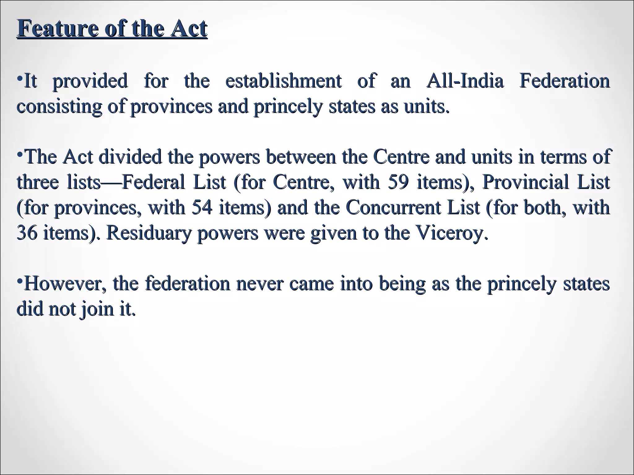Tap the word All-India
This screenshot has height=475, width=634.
tap(465, 81)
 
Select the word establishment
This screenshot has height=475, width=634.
tap(284, 81)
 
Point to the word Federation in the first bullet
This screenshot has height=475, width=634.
tap(564, 81)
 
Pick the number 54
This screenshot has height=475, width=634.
tap(202, 207)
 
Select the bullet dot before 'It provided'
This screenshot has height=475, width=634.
tap(20, 77)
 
